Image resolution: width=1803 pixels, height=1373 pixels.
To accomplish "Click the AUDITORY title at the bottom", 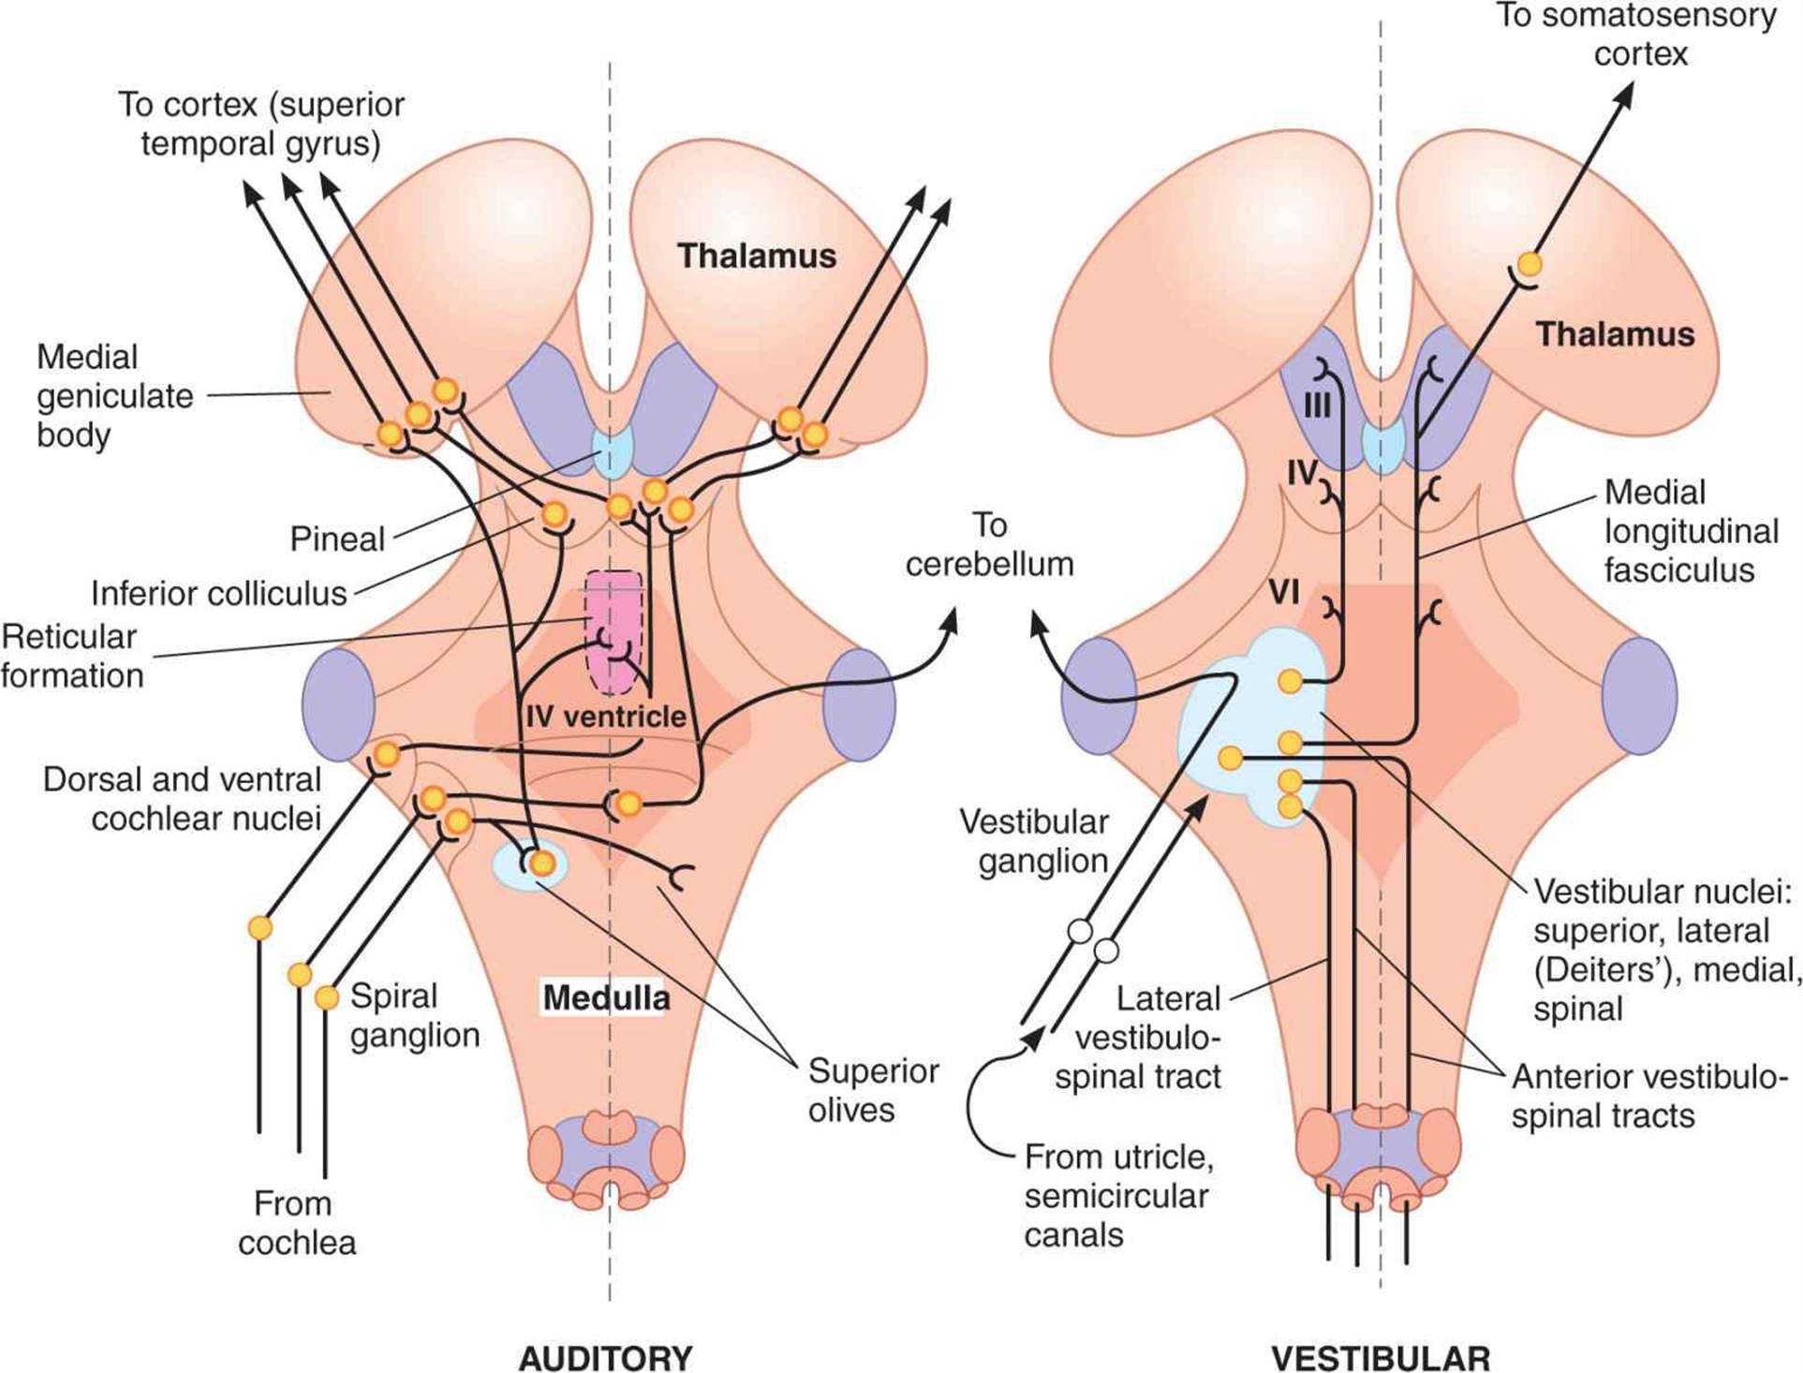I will (605, 1356).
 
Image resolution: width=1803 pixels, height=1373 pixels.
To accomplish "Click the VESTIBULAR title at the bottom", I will (1380, 1356).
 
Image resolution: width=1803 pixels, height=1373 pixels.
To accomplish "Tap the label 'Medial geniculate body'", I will (114, 396).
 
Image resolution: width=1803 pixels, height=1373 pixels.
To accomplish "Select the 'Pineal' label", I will (337, 539).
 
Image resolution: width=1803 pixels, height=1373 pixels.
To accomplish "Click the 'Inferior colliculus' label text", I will (219, 593).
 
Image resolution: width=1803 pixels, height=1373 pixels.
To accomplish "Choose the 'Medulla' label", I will (606, 997).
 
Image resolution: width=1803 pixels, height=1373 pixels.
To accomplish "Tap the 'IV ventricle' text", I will (606, 717).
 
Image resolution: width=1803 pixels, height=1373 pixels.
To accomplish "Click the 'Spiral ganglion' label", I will (414, 1015).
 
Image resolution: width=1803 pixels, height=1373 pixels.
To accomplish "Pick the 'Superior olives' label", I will (873, 1090).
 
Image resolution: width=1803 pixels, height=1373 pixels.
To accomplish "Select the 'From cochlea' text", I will (296, 1223).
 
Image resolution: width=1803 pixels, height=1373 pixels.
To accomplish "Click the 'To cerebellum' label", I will (989, 545).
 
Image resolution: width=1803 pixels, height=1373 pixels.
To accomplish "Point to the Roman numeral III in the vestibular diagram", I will (1317, 407).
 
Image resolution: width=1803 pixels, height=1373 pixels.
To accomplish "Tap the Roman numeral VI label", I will (1284, 593).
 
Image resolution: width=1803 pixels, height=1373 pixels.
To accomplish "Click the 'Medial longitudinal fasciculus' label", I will (1690, 531).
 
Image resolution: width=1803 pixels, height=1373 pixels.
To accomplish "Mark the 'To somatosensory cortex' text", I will (1635, 35).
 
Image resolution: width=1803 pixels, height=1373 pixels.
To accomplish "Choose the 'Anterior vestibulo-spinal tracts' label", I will (1643, 1097).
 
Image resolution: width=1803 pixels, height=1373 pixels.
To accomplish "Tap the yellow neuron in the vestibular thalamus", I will (1529, 263).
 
